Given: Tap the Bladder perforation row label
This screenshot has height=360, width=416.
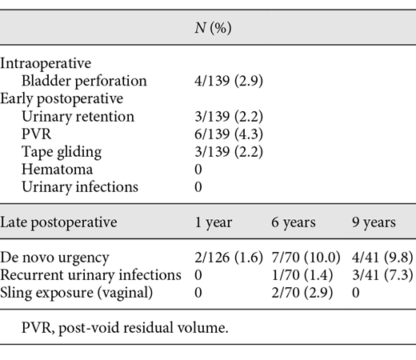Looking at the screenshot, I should [x=84, y=81].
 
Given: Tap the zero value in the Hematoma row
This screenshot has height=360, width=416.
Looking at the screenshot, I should [x=186, y=169].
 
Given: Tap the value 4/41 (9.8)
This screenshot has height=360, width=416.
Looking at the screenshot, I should [x=378, y=258].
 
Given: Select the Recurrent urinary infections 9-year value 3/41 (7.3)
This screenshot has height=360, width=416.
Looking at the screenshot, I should [x=378, y=275].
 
